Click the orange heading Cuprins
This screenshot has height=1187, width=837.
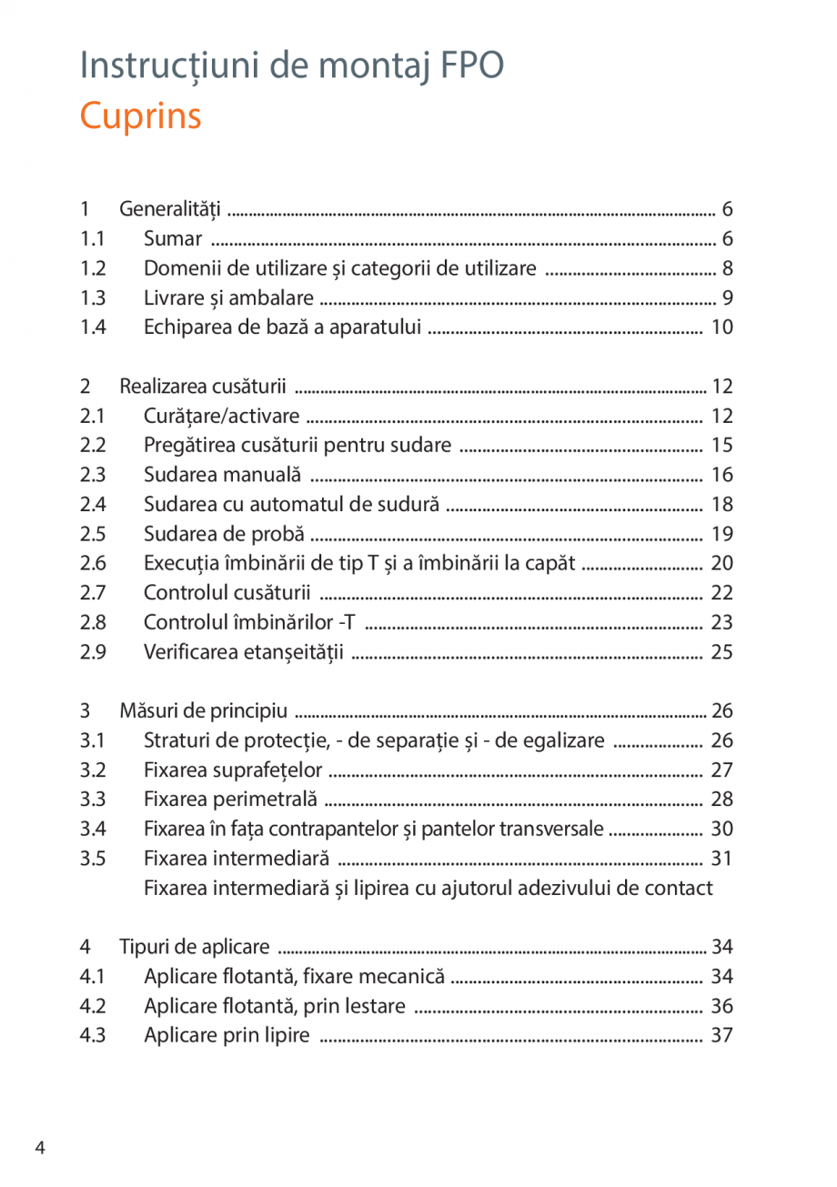[141, 116]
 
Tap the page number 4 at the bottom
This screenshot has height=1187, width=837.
[40, 1147]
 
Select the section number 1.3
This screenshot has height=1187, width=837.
[93, 298]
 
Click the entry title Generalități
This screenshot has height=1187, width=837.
[171, 210]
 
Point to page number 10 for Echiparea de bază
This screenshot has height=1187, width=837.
[721, 327]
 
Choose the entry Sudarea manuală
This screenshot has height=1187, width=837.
[223, 475]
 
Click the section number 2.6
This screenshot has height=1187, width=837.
[93, 563]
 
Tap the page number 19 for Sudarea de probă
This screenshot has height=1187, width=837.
[721, 534]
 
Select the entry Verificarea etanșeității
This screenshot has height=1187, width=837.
[244, 652]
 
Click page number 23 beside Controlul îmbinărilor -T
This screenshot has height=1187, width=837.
[721, 623]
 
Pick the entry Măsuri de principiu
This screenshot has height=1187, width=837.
[204, 710]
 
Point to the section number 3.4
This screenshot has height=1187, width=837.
[93, 829]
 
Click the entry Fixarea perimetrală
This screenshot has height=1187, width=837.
[231, 800]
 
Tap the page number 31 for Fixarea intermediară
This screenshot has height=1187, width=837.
[721, 859]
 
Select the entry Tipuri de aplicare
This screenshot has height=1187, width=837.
[195, 948]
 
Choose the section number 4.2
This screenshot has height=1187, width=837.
[93, 1006]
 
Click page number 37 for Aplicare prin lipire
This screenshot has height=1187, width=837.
[721, 1036]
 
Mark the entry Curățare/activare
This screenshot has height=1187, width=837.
[222, 417]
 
